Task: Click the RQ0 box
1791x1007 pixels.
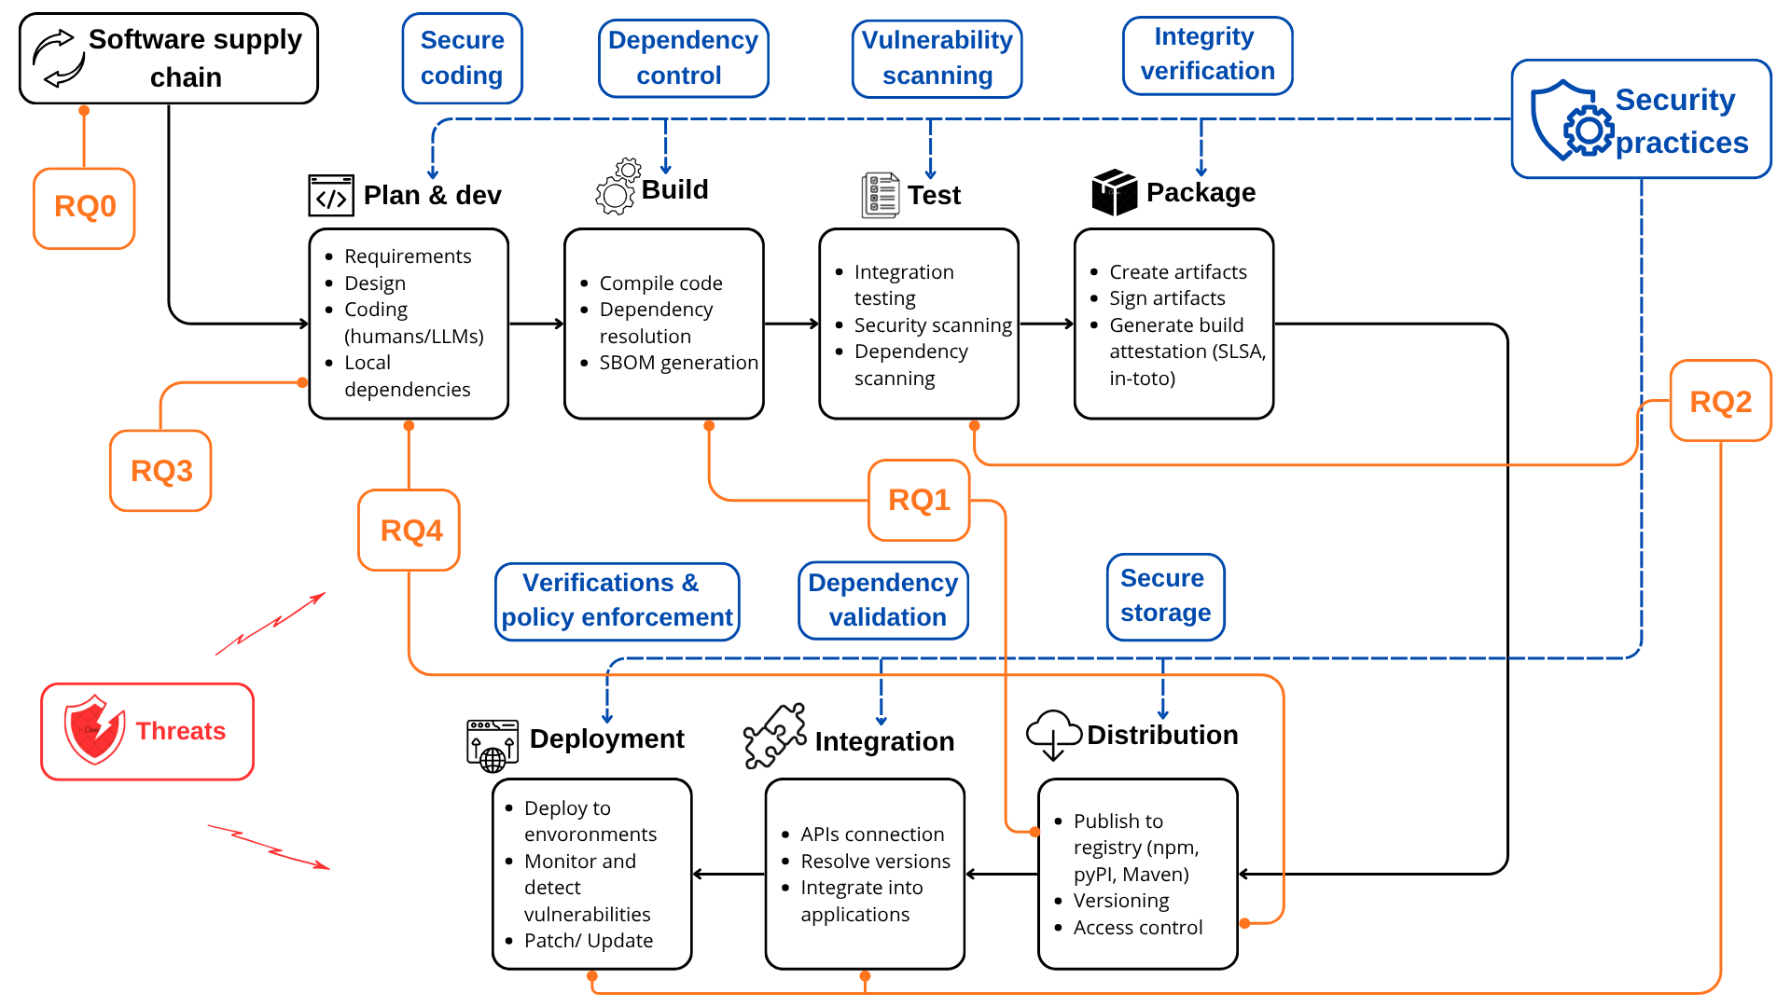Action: click(x=84, y=208)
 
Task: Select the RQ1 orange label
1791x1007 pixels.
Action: click(x=919, y=500)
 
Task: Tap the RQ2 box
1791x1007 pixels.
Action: click(x=1720, y=401)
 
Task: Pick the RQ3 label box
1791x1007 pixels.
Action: click(x=160, y=471)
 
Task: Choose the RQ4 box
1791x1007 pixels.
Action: click(x=410, y=530)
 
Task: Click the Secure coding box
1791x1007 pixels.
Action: click(x=463, y=58)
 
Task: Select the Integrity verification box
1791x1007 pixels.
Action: click(x=1208, y=55)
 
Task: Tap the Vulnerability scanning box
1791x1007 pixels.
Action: click(x=937, y=59)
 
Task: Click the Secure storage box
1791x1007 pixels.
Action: click(x=1166, y=597)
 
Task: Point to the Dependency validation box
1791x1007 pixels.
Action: click(x=883, y=600)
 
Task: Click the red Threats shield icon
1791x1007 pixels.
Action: click(x=94, y=729)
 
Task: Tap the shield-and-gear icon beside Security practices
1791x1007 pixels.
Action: click(x=1572, y=121)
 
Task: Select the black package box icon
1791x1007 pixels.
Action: click(x=1115, y=193)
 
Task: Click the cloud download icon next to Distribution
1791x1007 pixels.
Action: click(x=1054, y=735)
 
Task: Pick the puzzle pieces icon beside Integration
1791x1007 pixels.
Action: click(x=775, y=736)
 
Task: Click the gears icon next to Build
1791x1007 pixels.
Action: click(x=618, y=186)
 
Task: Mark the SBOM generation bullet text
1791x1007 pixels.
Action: click(x=679, y=363)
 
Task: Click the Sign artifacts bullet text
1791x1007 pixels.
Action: click(x=1167, y=298)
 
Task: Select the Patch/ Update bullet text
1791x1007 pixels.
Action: click(x=589, y=941)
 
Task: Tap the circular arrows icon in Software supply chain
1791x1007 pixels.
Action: click(x=59, y=58)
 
